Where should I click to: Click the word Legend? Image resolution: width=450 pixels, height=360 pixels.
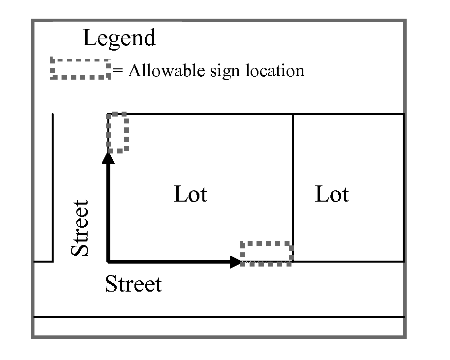(x=119, y=38)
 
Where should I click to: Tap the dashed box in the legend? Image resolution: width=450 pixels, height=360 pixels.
(x=80, y=69)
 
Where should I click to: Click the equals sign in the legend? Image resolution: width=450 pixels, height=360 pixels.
(x=117, y=71)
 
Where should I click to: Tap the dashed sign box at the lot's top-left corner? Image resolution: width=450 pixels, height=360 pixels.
(x=118, y=132)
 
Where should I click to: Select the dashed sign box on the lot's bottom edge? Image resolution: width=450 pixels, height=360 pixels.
(x=266, y=254)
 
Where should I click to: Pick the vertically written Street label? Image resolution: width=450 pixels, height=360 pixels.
(x=80, y=228)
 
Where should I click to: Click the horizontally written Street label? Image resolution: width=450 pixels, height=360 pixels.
(x=133, y=284)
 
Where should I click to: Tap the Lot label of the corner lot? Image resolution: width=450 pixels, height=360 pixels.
(x=191, y=194)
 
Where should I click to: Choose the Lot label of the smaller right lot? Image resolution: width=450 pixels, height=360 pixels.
(x=332, y=194)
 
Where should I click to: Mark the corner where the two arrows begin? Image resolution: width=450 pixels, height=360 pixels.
(x=108, y=261)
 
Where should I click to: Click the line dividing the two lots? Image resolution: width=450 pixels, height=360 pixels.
(x=293, y=187)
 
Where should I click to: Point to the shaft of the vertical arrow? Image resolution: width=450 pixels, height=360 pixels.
(x=108, y=211)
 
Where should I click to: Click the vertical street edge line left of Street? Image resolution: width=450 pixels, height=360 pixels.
(x=53, y=187)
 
